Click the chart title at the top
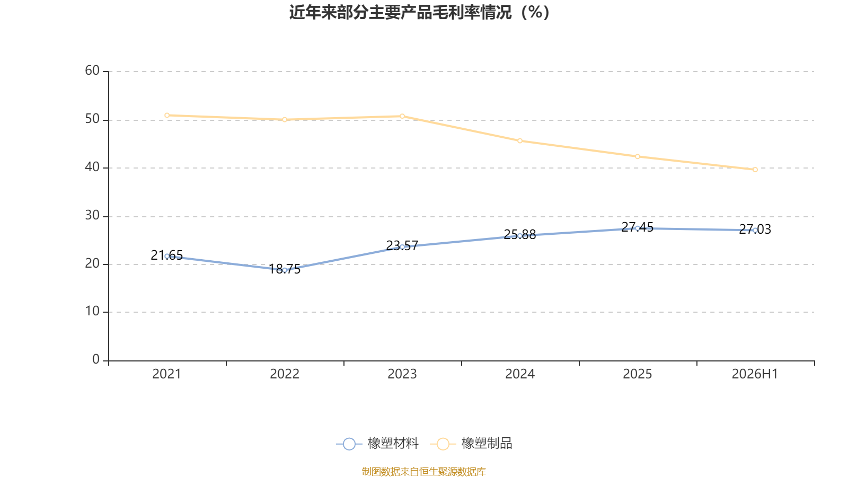coord(419,13)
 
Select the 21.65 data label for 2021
coord(166,255)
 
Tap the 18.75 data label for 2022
coord(284,269)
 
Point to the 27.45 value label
coord(638,227)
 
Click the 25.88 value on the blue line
coord(520,235)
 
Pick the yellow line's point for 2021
coord(167,116)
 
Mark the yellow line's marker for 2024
coord(520,141)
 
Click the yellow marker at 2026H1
coord(755,170)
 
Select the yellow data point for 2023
coord(402,116)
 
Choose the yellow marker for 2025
coord(638,156)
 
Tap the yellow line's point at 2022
coord(285,120)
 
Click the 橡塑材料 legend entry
coord(377,443)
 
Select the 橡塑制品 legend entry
coord(471,443)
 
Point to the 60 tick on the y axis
coord(92,71)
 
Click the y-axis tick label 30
coord(92,216)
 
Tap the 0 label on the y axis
coord(96,360)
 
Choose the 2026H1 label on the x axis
coord(755,374)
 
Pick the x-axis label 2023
coord(402,374)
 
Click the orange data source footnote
coord(423,471)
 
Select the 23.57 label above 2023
coord(402,246)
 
